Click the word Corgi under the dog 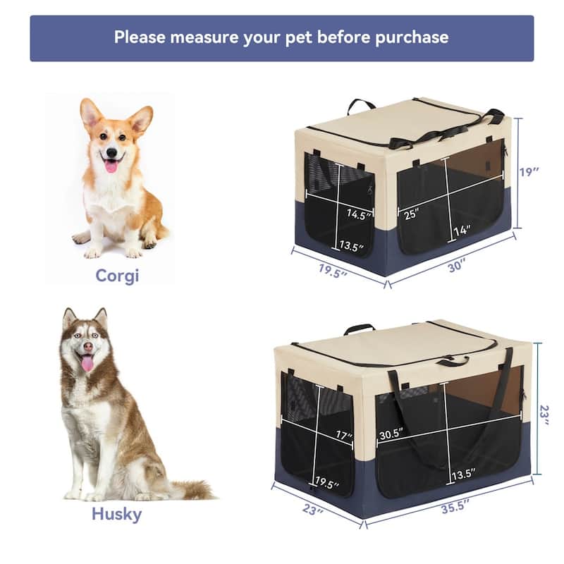click(117, 275)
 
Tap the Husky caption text click(116, 513)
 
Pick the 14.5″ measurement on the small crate click(359, 214)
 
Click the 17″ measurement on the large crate click(343, 436)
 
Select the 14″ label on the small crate click(462, 230)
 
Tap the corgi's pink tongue click(111, 166)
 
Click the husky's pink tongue click(87, 363)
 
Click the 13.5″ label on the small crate click(350, 246)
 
